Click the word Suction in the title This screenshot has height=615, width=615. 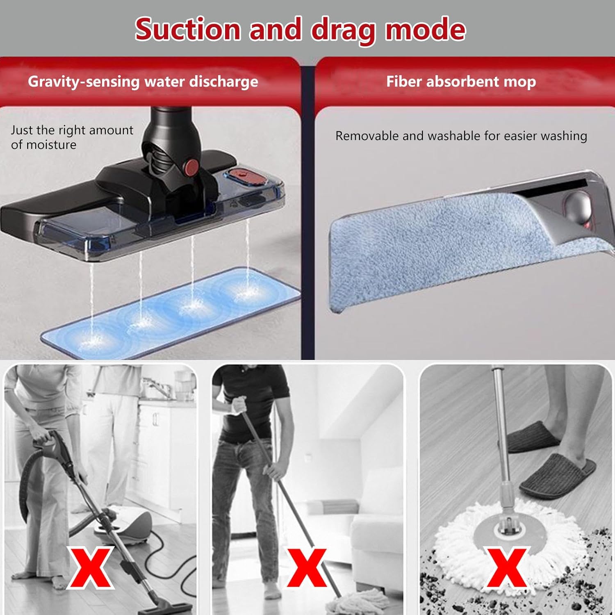(187, 30)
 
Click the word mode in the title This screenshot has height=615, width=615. (425, 30)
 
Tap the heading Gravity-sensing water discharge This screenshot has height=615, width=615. (143, 82)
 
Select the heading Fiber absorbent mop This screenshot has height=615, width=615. (461, 82)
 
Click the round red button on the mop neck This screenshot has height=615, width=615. (191, 166)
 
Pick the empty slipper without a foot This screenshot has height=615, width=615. (533, 437)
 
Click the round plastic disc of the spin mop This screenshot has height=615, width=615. (508, 533)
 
